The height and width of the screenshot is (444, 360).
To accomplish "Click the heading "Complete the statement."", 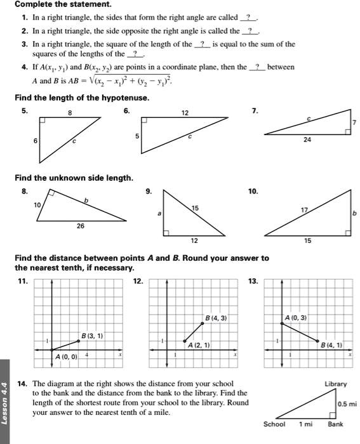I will click(54, 5).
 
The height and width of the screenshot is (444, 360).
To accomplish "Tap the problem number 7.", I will click(255, 110).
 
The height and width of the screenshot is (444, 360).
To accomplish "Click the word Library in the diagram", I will click(335, 384).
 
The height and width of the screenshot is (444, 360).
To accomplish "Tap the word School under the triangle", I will click(274, 424).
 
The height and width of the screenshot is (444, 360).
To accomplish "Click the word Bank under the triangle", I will click(335, 424).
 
